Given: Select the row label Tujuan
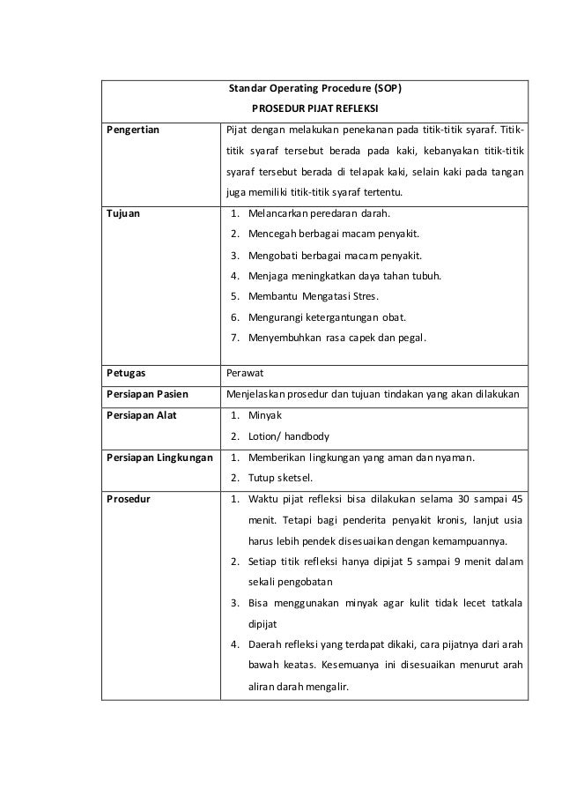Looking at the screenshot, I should (122, 213).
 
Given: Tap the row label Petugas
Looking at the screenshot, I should (127, 373).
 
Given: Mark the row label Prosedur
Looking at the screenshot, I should (128, 498).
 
